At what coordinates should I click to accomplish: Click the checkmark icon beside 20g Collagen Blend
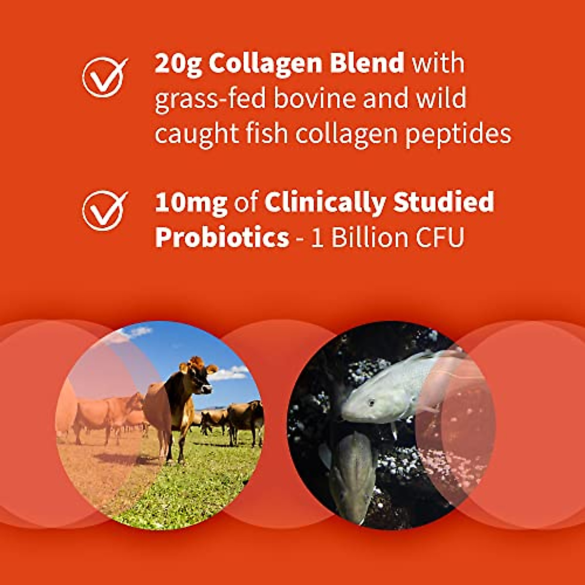click(x=104, y=77)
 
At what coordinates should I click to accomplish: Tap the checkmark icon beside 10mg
click(x=104, y=210)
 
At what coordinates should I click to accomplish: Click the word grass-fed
click(x=210, y=99)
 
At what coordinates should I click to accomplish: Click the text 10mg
click(x=191, y=203)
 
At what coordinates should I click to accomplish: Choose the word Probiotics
click(x=222, y=238)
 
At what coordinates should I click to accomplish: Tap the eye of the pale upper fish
click(x=371, y=403)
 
